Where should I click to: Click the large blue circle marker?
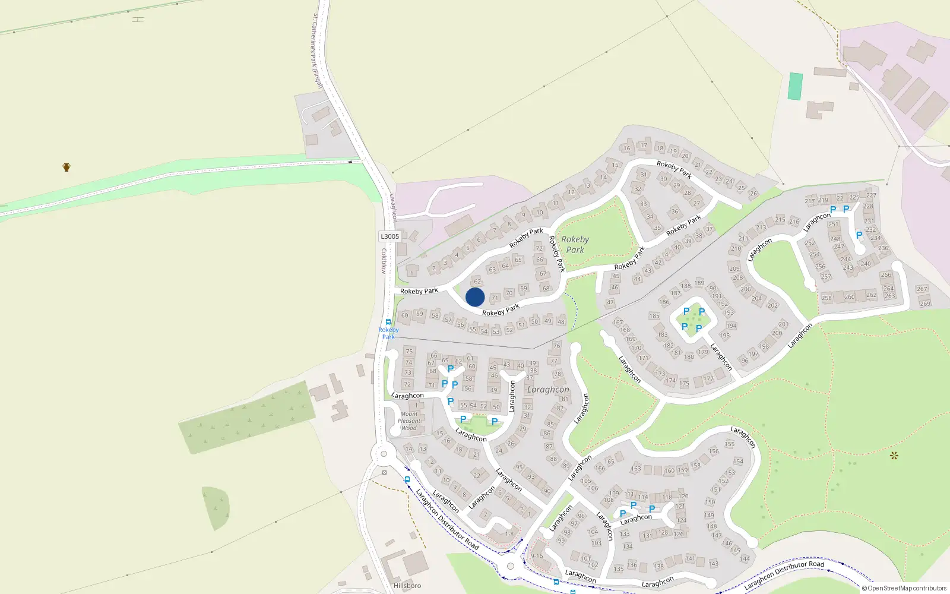475,297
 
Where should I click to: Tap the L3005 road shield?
389,236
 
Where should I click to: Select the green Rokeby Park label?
575,244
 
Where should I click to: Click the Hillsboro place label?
407,586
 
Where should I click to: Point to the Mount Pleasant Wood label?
409,421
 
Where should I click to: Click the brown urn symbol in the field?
66,167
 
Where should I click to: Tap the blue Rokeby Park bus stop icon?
388,323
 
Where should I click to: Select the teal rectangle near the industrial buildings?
795,86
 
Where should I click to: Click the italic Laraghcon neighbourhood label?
547,390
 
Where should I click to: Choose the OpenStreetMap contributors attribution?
904,588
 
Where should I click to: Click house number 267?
921,289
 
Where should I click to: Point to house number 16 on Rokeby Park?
627,148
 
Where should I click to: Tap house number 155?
730,444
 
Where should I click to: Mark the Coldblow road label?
384,261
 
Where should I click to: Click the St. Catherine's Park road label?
317,50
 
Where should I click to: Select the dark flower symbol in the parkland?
894,456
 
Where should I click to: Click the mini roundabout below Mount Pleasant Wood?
383,455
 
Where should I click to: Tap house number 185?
654,315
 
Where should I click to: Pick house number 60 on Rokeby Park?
405,315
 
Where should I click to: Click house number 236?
883,248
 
